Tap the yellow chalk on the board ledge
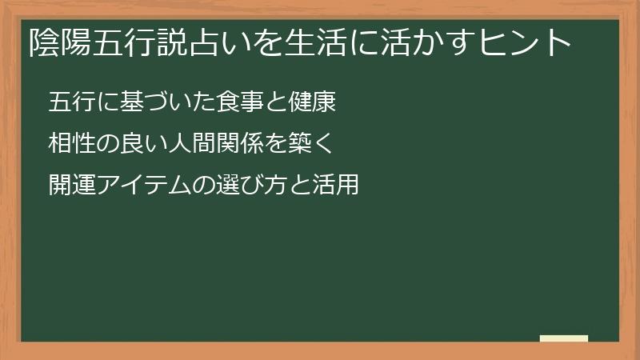(x=564, y=338)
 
